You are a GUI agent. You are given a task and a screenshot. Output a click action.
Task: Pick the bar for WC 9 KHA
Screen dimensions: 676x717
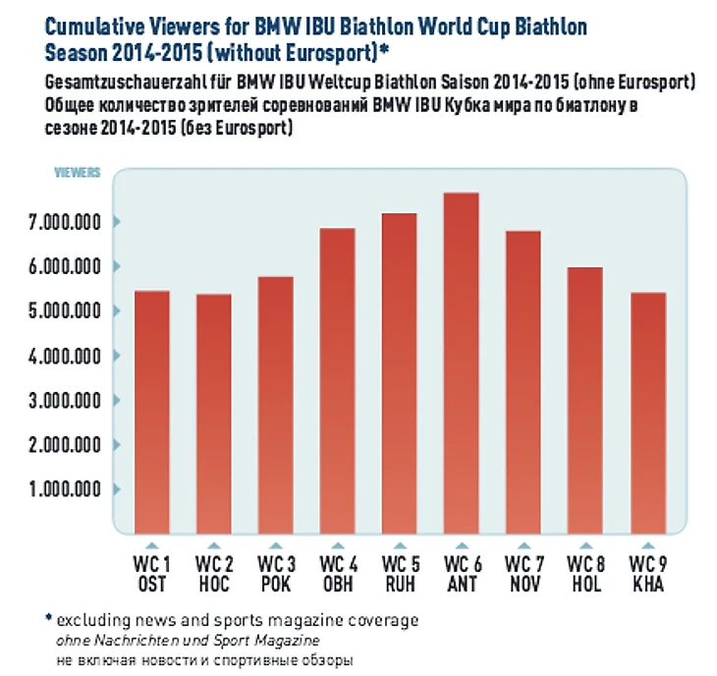click(x=647, y=414)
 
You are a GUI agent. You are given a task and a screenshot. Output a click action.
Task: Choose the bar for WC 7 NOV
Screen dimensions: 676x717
click(x=523, y=383)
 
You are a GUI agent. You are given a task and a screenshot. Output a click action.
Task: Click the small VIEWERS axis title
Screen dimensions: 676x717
click(x=77, y=173)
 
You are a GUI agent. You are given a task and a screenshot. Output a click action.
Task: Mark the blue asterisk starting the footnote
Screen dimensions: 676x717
click(x=46, y=619)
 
